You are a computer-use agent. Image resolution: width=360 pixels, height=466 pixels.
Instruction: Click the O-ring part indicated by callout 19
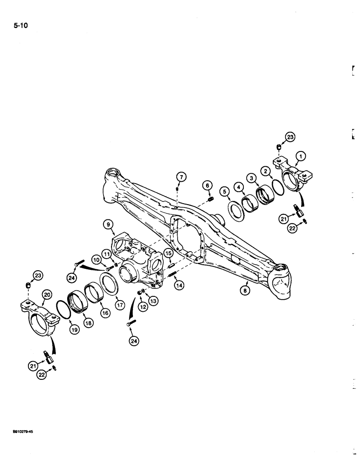[x=64, y=310]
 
